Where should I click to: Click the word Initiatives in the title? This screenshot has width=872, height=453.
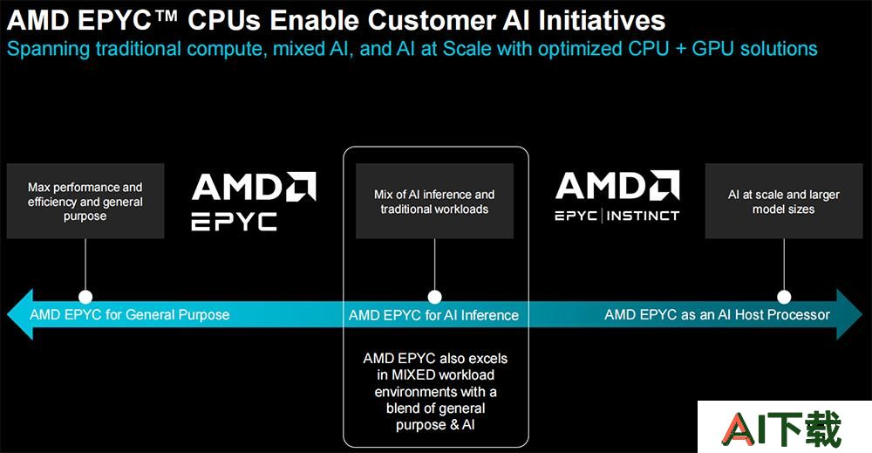click(x=602, y=21)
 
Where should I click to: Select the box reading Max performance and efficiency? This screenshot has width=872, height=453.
click(x=85, y=201)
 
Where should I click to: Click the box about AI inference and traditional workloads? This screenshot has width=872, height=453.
click(x=434, y=201)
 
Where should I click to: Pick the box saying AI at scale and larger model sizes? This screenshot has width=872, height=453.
click(x=784, y=201)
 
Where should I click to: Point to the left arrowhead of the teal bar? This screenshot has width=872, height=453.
click(x=20, y=314)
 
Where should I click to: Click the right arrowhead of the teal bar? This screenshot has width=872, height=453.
click(x=849, y=314)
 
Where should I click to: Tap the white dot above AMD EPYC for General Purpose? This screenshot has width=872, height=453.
click(x=85, y=297)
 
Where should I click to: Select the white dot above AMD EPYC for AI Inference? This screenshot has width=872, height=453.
click(x=434, y=297)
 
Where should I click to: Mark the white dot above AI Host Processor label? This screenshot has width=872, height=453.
click(x=784, y=297)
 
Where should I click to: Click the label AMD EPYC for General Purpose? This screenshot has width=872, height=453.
click(x=130, y=315)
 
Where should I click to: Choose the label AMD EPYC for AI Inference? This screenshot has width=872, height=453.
click(x=433, y=316)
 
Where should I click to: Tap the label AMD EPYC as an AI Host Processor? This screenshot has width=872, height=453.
click(x=717, y=315)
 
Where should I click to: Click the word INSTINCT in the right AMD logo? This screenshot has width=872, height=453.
click(x=643, y=216)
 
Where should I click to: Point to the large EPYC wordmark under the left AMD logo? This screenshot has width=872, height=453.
click(x=234, y=222)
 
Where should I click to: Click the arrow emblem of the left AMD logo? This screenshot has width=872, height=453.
click(x=301, y=186)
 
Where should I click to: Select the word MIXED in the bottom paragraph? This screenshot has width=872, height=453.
click(x=413, y=375)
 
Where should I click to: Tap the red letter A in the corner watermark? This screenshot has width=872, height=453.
click(x=739, y=429)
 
